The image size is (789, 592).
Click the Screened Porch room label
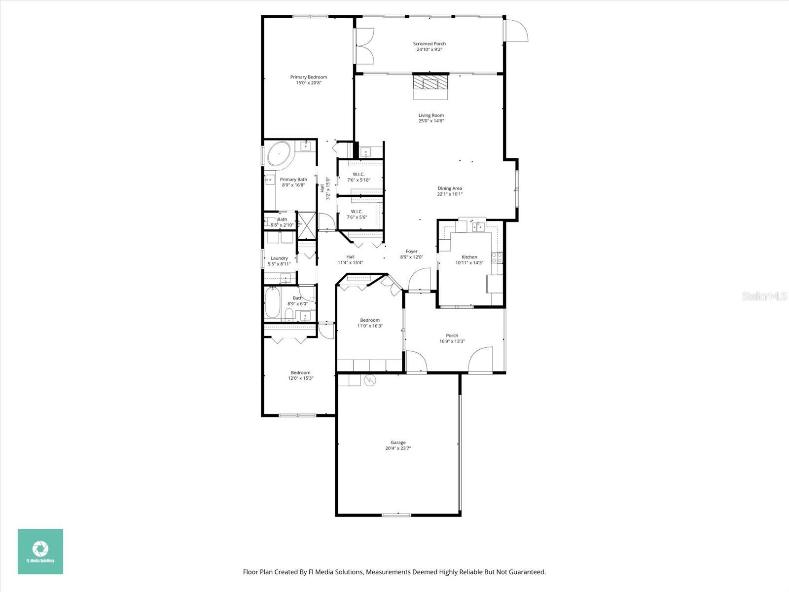tap(429, 44)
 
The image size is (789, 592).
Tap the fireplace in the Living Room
tap(430, 82)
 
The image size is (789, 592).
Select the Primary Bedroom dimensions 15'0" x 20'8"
tap(308, 83)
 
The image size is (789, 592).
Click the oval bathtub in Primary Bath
tap(279, 153)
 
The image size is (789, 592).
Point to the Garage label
tap(398, 443)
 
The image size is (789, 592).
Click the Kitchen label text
tap(469, 257)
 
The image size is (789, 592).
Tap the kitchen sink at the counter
tap(478, 226)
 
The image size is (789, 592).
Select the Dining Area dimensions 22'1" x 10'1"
tap(450, 194)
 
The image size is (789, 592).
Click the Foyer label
tap(411, 251)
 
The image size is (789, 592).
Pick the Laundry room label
tap(279, 258)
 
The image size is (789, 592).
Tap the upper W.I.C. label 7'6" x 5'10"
tap(359, 177)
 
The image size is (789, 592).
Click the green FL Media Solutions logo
tap(40, 551)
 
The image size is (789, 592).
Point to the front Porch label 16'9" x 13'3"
tap(452, 338)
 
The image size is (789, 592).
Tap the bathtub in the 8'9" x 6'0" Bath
tap(273, 303)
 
